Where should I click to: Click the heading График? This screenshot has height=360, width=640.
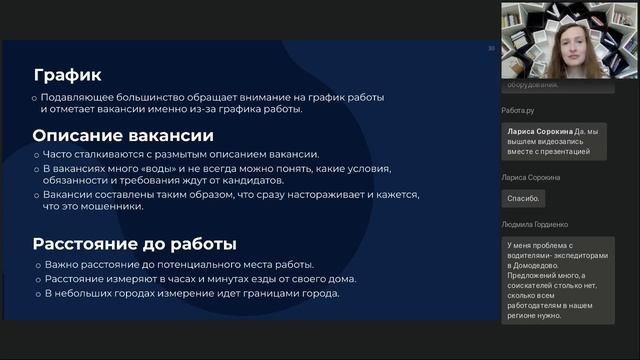(67, 75)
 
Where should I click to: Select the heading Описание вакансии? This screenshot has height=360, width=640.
(123, 135)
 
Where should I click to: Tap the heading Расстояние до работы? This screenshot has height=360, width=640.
(134, 243)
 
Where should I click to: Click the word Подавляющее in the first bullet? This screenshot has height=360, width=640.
(83, 97)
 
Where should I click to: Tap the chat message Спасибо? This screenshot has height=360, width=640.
(523, 199)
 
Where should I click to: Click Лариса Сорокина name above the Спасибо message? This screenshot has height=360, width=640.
(531, 177)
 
